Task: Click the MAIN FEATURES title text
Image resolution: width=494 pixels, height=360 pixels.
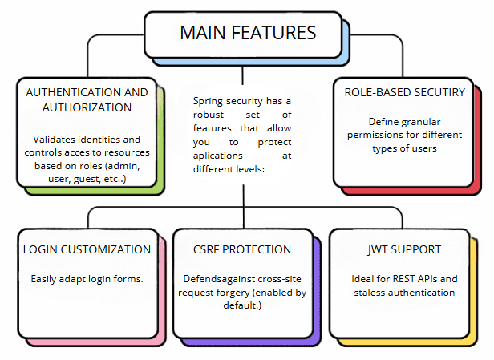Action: point(248,33)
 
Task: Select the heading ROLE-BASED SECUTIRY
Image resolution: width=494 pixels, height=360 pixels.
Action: point(404,92)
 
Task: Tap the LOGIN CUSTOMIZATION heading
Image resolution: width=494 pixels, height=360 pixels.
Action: point(87,249)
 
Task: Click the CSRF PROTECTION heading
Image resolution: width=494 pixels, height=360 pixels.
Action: point(242,249)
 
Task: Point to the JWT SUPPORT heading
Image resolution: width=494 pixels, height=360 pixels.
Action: point(404,249)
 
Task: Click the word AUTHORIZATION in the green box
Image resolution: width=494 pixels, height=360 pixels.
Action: point(87,107)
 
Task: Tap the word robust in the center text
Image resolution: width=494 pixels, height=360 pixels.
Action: point(209,115)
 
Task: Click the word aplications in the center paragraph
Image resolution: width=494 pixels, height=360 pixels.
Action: point(217,156)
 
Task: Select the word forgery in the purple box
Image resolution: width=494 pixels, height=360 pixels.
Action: point(233,293)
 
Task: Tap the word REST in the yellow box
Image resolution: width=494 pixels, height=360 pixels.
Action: point(403,279)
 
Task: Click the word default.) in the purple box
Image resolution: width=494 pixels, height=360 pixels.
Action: point(242,305)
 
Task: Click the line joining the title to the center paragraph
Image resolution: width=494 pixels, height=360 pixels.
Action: point(242,75)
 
